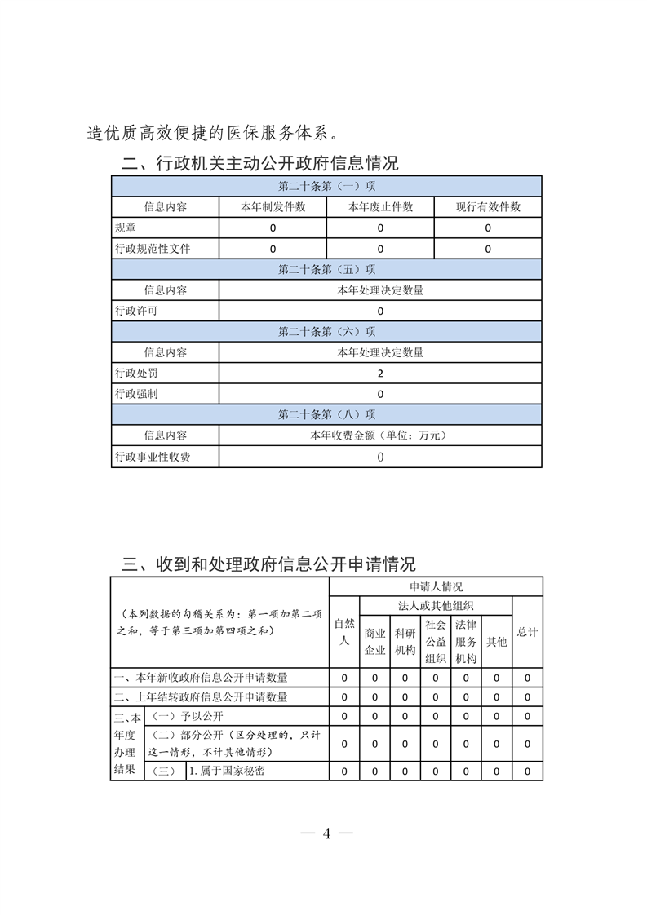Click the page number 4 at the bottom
pyautogui.click(x=326, y=833)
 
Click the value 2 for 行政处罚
pyautogui.click(x=380, y=374)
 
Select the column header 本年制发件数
pyautogui.click(x=273, y=207)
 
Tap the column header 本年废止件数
pyautogui.click(x=380, y=207)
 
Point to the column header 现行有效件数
pyautogui.click(x=488, y=207)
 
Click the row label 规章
pyautogui.click(x=126, y=228)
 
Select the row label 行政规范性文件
pyautogui.click(x=153, y=249)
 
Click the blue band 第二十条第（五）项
pyautogui.click(x=326, y=269)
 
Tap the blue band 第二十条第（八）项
pyautogui.click(x=326, y=415)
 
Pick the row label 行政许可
pyautogui.click(x=136, y=311)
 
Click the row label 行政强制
pyautogui.click(x=136, y=394)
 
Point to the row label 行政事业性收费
pyautogui.click(x=153, y=457)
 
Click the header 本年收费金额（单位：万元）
pyautogui.click(x=380, y=436)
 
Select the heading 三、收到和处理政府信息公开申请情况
pyautogui.click(x=268, y=564)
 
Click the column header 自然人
pyautogui.click(x=344, y=632)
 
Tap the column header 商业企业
pyautogui.click(x=374, y=641)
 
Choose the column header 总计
pyautogui.click(x=527, y=632)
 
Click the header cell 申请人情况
pyautogui.click(x=436, y=586)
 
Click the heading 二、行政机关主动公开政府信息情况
pyautogui.click(x=260, y=163)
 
